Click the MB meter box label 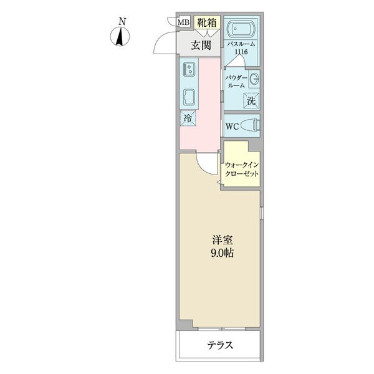coord(184,22)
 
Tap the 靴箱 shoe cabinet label coord(207,22)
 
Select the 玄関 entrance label coord(201,45)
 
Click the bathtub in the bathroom coord(241,29)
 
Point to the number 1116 coord(241,52)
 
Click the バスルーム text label coord(241,44)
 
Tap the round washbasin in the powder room coord(254,79)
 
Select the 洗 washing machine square coord(251,100)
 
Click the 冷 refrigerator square coord(188,118)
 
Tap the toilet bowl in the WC coord(250,125)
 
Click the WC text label coord(232,127)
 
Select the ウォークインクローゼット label coord(242,169)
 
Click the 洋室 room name coord(223,240)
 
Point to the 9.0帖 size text coord(222,253)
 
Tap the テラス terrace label coord(219,345)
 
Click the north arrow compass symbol coord(120,37)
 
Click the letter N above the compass coord(122,22)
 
